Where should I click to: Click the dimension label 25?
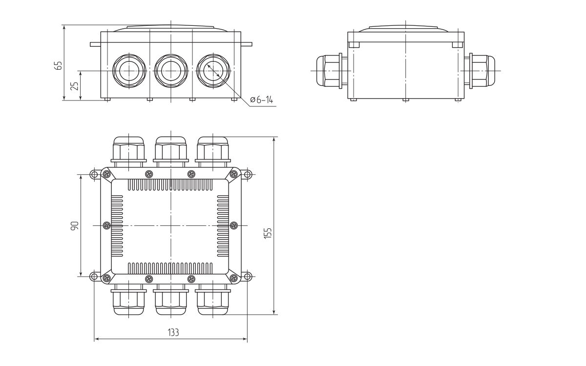coord(74,86)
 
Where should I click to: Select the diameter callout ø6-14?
coord(261,100)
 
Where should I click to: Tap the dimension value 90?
coord(74,226)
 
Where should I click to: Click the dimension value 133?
coord(173,333)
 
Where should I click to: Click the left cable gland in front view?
coord(129,70)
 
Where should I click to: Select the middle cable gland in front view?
coord(171,70)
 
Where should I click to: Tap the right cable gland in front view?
coord(213,70)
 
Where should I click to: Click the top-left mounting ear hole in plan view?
coord(94,175)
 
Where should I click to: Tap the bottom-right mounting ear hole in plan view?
coord(248,277)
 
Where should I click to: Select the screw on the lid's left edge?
coord(107,225)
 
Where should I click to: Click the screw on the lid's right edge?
coord(234,225)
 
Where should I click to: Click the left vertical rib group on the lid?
coord(117,226)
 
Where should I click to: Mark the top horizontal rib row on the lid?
coord(170,185)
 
